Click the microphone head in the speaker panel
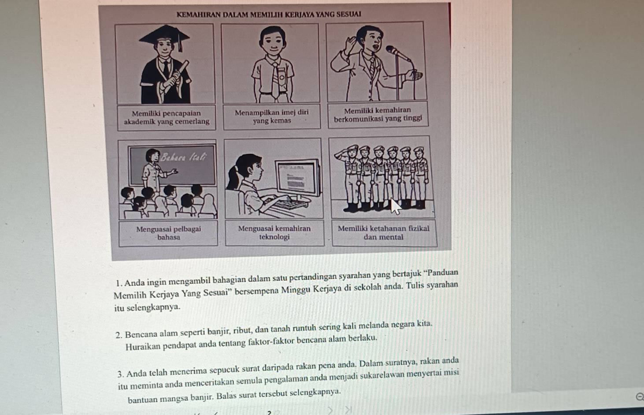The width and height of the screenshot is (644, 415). pyautogui.click(x=392, y=50)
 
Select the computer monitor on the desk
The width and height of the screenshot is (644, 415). pyautogui.click(x=298, y=179)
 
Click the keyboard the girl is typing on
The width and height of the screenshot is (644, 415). pyautogui.click(x=288, y=203)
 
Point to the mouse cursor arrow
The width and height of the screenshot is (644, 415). pyautogui.click(x=395, y=206)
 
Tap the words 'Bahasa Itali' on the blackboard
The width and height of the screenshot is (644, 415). pyautogui.click(x=183, y=157)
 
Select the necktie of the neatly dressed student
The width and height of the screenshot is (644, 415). pyautogui.click(x=275, y=81)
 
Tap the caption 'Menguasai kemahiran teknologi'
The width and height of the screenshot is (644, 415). pyautogui.click(x=274, y=232)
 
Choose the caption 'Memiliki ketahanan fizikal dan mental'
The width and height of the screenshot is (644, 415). pyautogui.click(x=384, y=232)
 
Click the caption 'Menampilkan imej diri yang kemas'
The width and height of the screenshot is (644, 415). pyautogui.click(x=272, y=116)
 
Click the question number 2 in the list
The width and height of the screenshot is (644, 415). pyautogui.click(x=119, y=335)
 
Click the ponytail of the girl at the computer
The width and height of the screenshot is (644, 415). pyautogui.click(x=233, y=177)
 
